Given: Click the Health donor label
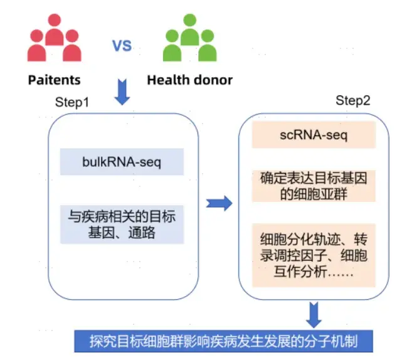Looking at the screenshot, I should (x=189, y=80).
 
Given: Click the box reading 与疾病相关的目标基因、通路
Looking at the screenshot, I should (x=122, y=225).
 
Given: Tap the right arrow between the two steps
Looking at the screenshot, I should (x=219, y=203).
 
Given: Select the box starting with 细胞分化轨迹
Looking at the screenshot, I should (x=313, y=256).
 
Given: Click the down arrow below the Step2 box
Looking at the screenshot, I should (x=314, y=312).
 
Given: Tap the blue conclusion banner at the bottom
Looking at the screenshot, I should (x=224, y=341).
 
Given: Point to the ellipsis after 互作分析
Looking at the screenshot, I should (x=337, y=273).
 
